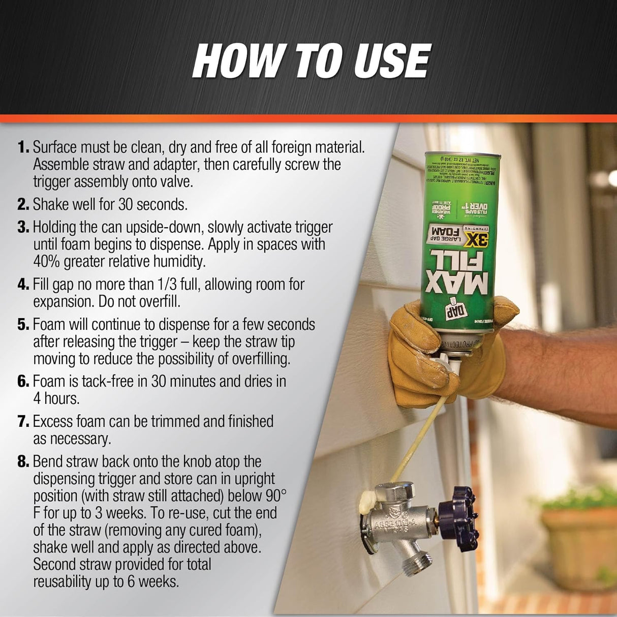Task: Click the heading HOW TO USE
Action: pyautogui.click(x=311, y=60)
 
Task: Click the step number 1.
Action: pyautogui.click(x=23, y=147)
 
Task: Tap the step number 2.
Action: pyautogui.click(x=23, y=204)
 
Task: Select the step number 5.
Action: pyautogui.click(x=23, y=324)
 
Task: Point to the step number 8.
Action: pyautogui.click(x=23, y=461)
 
